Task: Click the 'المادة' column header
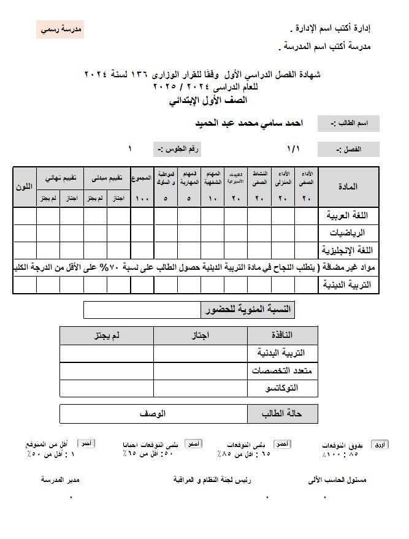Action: point(349,186)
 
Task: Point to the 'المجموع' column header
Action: point(142,178)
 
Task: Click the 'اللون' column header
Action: point(25,186)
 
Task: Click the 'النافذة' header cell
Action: point(282,335)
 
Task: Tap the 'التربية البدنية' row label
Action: point(282,354)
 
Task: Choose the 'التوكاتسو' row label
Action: point(282,389)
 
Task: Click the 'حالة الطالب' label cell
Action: point(282,414)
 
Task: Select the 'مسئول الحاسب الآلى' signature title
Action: point(337,480)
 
